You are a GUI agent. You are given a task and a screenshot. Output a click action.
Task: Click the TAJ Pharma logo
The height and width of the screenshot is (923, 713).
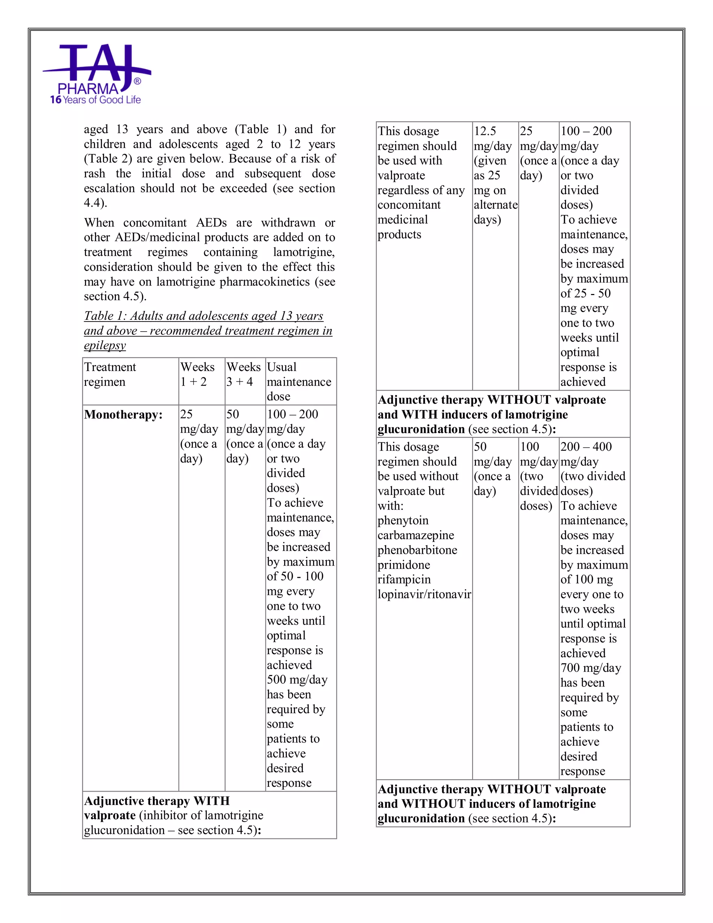click(x=96, y=70)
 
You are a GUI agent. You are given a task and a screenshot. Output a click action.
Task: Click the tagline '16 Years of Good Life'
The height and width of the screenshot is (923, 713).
click(x=95, y=100)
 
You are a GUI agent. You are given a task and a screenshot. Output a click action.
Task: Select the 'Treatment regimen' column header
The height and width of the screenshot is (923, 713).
click(x=110, y=374)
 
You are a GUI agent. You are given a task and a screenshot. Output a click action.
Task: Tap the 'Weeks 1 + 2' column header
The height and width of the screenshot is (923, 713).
click(x=197, y=374)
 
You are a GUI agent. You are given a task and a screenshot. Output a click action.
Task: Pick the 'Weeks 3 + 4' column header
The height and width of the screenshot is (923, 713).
click(x=243, y=374)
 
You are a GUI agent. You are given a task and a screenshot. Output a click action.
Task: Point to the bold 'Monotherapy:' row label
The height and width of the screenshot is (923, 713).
click(x=123, y=414)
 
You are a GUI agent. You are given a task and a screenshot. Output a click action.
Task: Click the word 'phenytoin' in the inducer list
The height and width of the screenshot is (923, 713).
click(x=403, y=520)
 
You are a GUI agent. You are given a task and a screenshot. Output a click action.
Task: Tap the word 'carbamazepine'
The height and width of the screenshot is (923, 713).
click(x=416, y=535)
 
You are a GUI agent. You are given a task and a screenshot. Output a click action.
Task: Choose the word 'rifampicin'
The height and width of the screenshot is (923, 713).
click(x=404, y=580)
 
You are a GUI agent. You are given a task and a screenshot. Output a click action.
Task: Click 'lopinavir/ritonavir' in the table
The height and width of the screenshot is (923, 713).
click(x=424, y=594)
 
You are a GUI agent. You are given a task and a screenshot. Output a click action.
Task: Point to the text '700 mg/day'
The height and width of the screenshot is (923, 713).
click(x=590, y=668)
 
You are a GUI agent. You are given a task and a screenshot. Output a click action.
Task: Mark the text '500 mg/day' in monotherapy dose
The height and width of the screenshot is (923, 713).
click(x=297, y=680)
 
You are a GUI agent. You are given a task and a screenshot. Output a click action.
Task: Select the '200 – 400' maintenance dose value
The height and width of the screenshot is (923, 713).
click(x=586, y=447)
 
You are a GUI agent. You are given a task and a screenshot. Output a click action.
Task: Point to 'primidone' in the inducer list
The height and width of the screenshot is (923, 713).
click(x=404, y=565)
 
